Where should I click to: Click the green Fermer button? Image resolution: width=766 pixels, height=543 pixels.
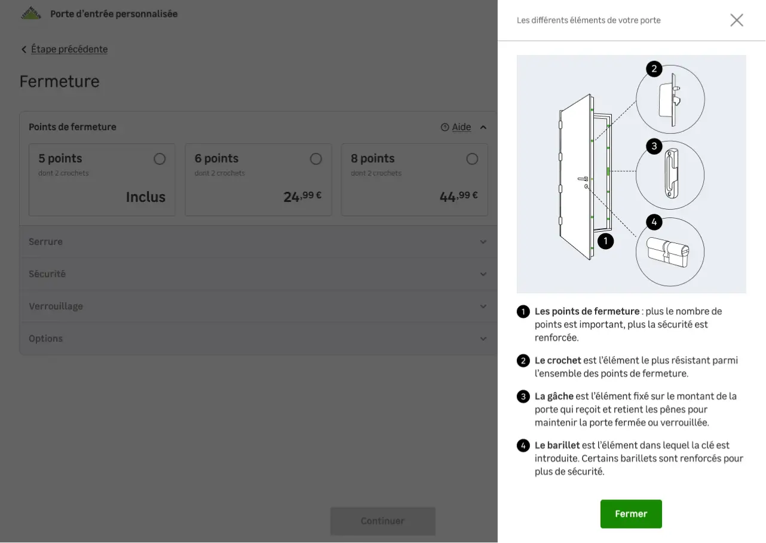coord(631,514)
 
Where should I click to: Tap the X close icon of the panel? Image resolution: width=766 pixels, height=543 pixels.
coord(737,20)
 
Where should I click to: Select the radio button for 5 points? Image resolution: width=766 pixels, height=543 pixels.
coord(160,159)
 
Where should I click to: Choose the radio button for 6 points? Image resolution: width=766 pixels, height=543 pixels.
coord(315,159)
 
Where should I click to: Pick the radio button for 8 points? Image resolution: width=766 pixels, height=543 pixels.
coord(472,159)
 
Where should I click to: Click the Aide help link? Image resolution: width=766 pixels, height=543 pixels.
coord(461,127)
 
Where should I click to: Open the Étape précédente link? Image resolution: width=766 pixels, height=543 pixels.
coord(69,49)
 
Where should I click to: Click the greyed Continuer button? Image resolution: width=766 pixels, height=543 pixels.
coord(382,521)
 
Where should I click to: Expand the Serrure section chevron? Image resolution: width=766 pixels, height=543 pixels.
coord(483,242)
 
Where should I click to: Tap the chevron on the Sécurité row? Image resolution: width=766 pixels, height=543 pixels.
coord(483,274)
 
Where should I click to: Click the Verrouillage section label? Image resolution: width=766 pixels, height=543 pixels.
coord(56,306)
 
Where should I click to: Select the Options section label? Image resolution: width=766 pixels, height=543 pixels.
coord(46,339)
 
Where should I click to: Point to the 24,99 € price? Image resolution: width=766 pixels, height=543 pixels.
coord(302,197)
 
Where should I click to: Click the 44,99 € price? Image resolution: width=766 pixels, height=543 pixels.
coord(458,197)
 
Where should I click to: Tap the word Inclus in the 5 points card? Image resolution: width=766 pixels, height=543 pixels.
coord(146,197)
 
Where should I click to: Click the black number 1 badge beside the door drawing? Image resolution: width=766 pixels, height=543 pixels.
coord(605,241)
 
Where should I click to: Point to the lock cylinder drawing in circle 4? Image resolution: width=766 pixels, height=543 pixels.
coord(667,252)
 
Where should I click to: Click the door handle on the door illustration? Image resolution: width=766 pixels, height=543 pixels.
coord(583,179)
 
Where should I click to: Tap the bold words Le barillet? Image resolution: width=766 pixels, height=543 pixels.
coord(557,445)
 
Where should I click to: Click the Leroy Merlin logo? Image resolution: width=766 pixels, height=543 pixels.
coord(31,13)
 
